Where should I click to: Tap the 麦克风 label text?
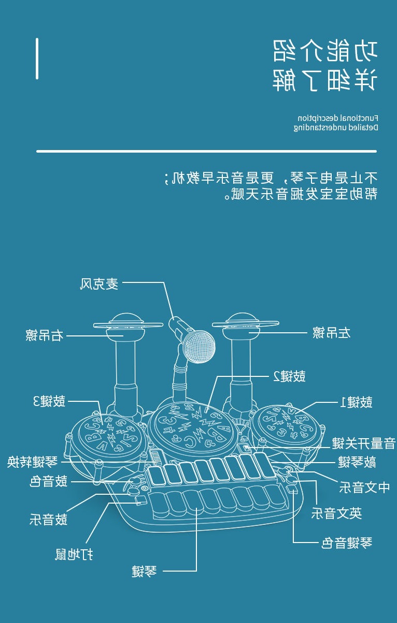(x=99, y=284)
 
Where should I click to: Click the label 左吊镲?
(x=332, y=333)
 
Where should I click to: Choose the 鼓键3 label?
(x=49, y=401)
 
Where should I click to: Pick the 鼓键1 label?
(x=356, y=402)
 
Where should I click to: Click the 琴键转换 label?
(x=32, y=462)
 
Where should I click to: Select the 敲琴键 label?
(x=357, y=462)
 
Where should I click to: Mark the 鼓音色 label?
(x=49, y=482)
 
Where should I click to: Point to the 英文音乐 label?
(x=336, y=514)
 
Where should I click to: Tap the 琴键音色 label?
(x=346, y=544)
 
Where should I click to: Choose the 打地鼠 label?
(x=75, y=554)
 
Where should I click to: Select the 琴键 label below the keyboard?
(x=144, y=572)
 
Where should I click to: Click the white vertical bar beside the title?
(x=37, y=58)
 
